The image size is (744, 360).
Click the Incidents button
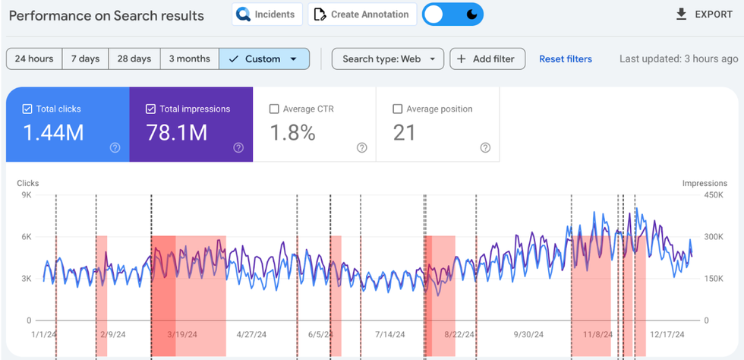268,14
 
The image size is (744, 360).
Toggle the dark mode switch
452,14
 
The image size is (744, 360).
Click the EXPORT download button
704,14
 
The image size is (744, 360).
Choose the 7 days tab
85,58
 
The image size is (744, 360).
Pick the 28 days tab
134,58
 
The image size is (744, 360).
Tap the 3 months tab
189,58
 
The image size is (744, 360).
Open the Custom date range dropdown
264,58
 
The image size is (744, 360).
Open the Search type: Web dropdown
387,58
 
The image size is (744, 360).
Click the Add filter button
487,58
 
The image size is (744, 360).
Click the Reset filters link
565,58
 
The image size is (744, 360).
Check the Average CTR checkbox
274,109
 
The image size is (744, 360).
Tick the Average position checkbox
397,109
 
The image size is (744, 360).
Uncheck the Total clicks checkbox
27,109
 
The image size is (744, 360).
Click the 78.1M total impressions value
177,133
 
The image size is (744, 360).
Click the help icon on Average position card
485,148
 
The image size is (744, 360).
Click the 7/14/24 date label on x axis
389,334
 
